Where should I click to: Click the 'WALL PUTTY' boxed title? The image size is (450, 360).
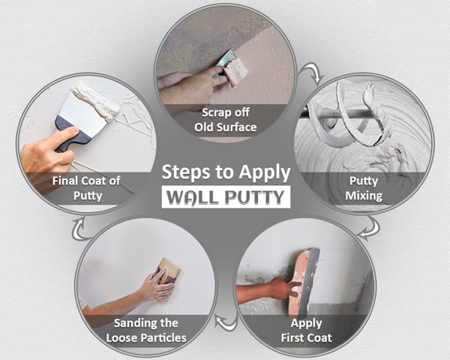click(x=226, y=197)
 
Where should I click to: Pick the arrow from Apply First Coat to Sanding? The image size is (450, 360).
click(x=223, y=323)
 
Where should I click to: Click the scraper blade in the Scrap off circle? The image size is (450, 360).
click(x=234, y=67)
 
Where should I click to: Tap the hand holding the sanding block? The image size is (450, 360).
click(x=154, y=286)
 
